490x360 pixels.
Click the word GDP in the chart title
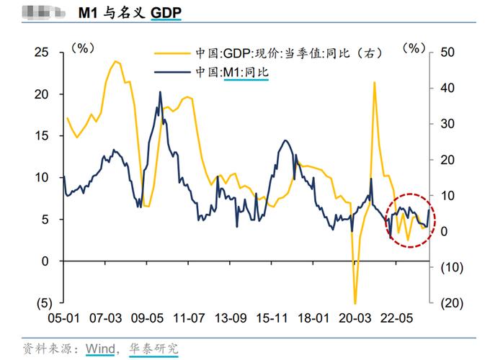[x=166, y=14]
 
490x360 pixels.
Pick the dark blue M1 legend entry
[x=231, y=72]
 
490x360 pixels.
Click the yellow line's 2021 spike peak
[x=374, y=83]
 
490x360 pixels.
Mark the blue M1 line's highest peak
[x=159, y=92]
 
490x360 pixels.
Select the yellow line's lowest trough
[x=355, y=302]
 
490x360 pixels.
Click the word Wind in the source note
[x=100, y=348]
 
